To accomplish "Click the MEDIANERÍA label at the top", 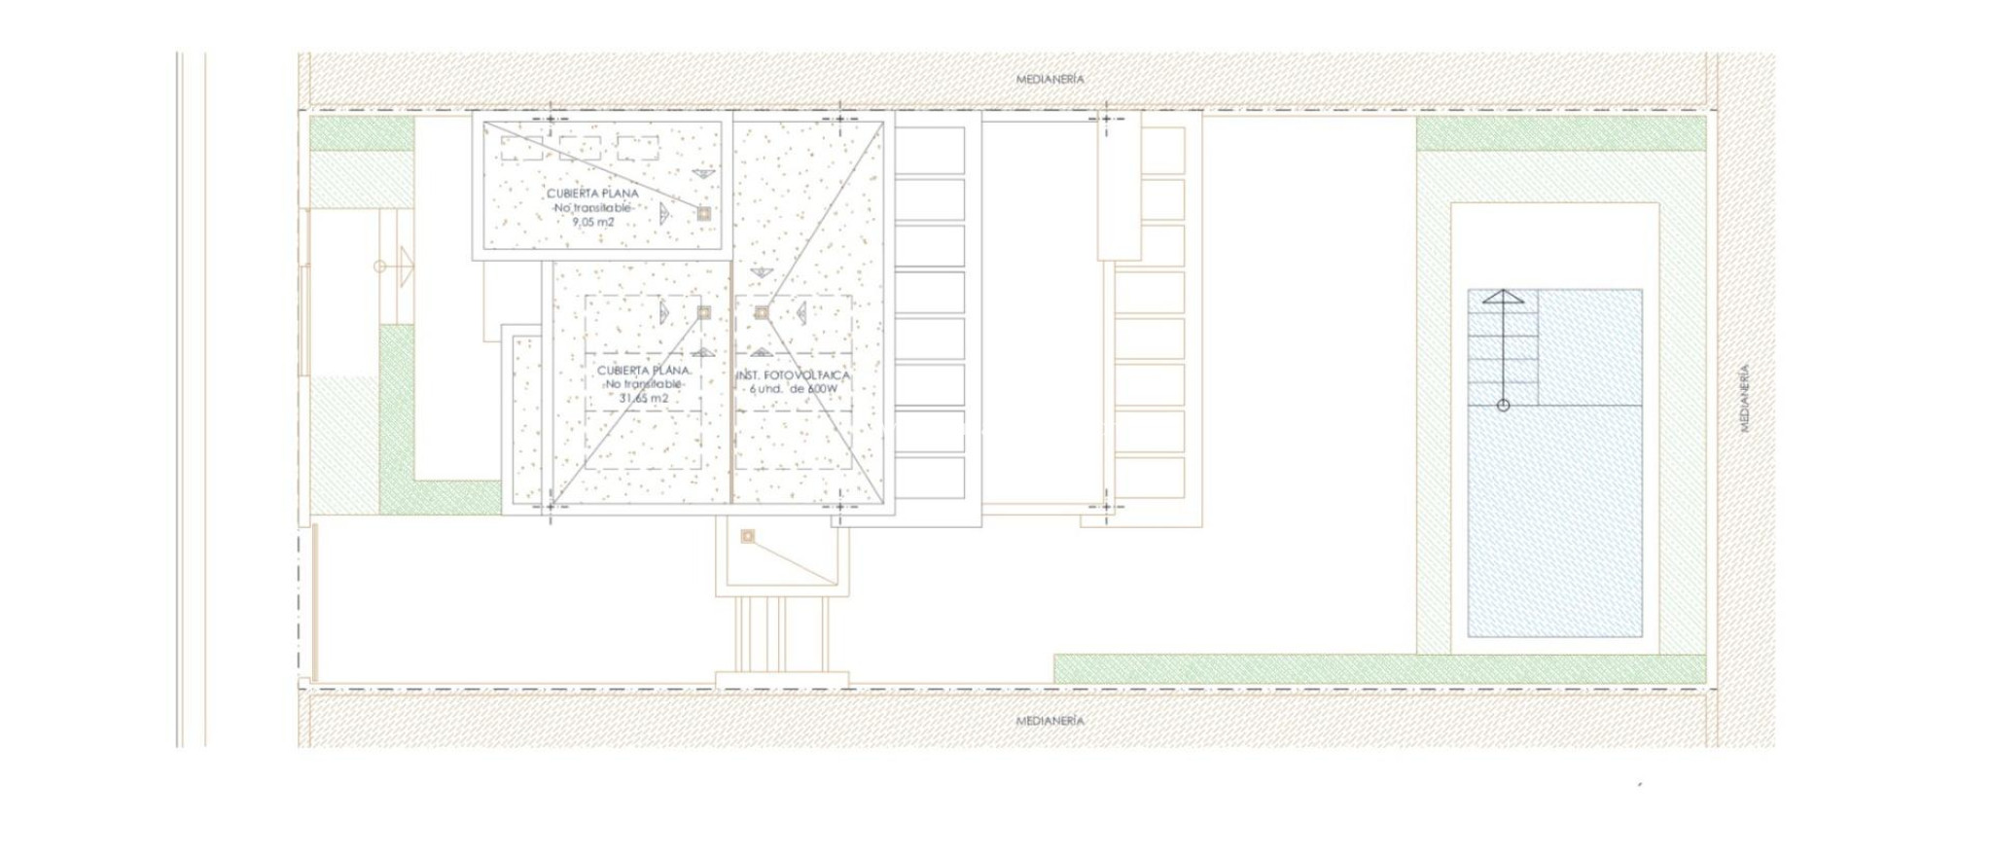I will coord(1049,79).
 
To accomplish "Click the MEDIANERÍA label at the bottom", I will coord(1049,721).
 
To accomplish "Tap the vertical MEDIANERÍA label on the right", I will coord(1744,398).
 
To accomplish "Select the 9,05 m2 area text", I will coord(592,223).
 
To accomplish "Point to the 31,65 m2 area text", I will coord(643,399).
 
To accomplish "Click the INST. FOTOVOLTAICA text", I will coord(793,375).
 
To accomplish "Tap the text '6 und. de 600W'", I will coord(793,389).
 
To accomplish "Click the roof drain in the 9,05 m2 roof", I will coord(703,213).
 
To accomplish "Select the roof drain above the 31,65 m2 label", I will coord(703,312).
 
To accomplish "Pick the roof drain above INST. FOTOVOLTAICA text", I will coord(762,312).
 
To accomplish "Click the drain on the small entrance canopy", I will coord(747,536).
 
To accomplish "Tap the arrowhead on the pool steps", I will coord(1503,296).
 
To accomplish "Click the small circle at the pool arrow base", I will coord(1503,406).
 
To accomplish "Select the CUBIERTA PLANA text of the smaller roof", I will coord(592,194).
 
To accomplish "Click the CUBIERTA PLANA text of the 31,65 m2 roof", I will coord(643,371).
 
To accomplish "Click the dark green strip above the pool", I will coord(1560,133).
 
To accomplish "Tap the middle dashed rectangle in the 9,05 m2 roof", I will coord(580,148).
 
